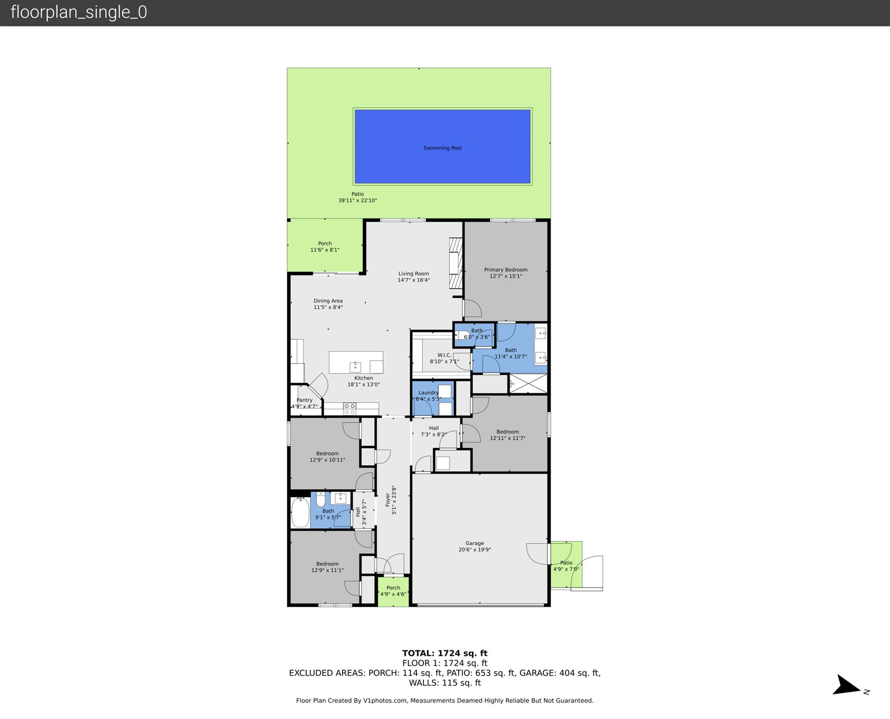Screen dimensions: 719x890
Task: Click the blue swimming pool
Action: coord(442,146)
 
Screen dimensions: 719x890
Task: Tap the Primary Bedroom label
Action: coord(505,273)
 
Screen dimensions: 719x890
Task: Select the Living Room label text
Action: coord(414,277)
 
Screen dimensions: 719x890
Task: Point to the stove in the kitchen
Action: coord(349,409)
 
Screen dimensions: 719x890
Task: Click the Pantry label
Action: coord(304,403)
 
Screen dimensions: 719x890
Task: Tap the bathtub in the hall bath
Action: coord(300,512)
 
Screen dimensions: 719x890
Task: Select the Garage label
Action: coord(475,547)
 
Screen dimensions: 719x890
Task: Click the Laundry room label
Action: coord(428,396)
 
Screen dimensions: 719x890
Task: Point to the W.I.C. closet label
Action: coord(444,358)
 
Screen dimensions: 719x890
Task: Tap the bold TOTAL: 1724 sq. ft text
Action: coord(445,653)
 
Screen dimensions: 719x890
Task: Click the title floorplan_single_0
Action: coord(79,12)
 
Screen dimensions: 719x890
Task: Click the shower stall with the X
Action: coord(528,384)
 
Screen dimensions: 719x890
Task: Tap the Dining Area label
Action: coord(328,304)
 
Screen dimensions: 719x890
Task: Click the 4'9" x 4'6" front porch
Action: coord(393,591)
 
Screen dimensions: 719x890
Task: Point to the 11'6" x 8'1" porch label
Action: coord(325,246)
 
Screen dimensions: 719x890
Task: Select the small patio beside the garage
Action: coord(566,565)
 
